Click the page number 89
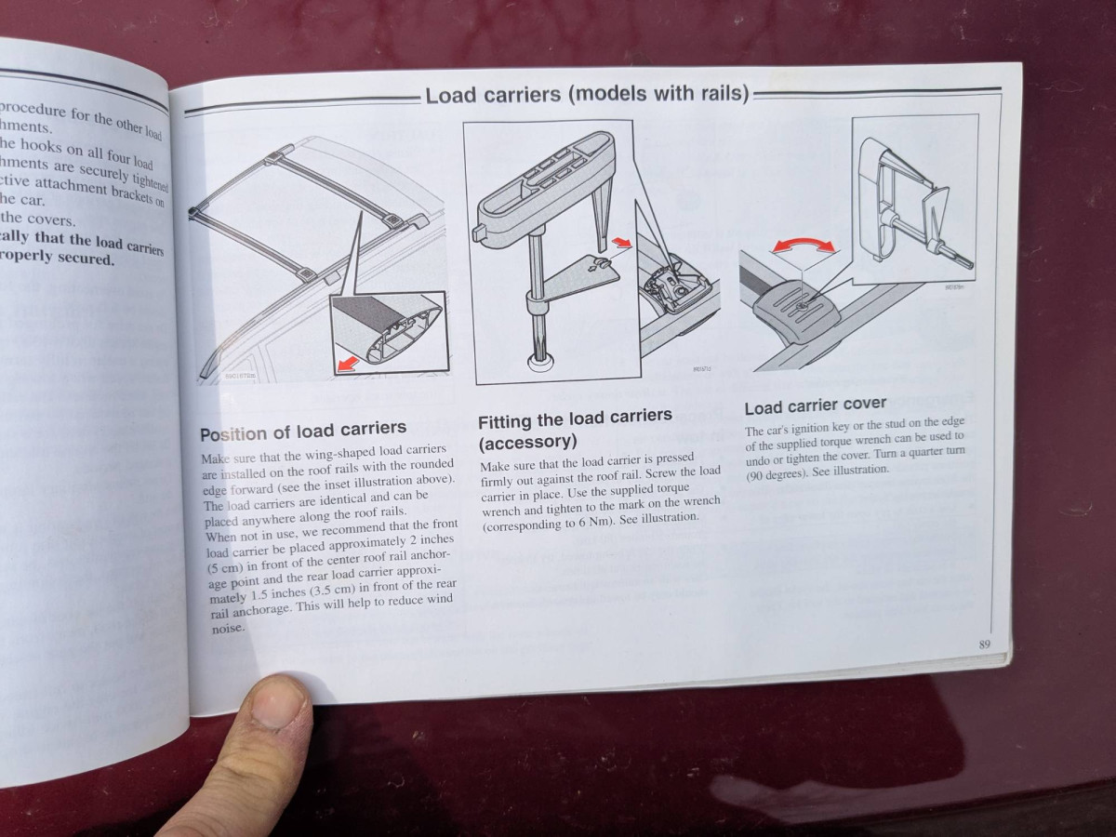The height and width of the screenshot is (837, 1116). (984, 644)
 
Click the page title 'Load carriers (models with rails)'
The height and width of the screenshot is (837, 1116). (587, 95)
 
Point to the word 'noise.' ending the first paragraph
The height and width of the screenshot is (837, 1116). (227, 628)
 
